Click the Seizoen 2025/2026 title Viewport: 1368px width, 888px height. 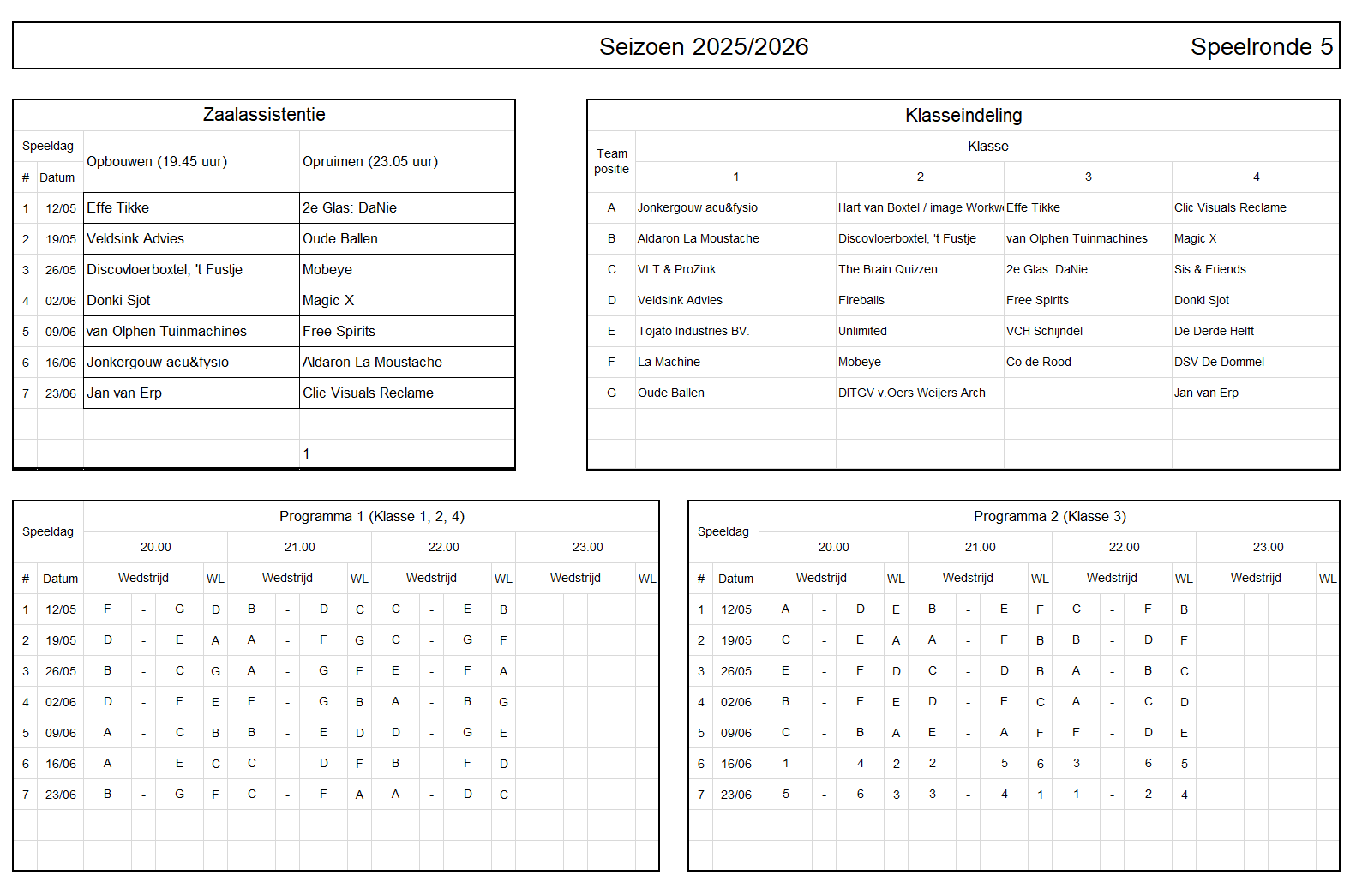703,46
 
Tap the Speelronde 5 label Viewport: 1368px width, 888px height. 1261,46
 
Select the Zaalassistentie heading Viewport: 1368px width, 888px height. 264,115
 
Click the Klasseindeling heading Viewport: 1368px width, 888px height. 963,116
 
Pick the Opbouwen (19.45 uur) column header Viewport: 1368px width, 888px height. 157,162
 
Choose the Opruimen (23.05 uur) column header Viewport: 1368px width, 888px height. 370,162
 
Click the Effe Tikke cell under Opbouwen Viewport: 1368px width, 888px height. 118,208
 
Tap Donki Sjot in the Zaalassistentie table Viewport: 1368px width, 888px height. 118,301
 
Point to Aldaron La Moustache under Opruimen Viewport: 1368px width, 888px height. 372,363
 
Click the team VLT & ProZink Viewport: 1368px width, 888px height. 676,269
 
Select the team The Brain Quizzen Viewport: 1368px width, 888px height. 888,269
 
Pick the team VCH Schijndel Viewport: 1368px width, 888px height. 1044,331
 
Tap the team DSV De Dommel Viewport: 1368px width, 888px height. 1219,362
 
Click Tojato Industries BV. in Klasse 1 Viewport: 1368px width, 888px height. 693,331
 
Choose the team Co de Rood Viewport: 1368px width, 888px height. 1039,362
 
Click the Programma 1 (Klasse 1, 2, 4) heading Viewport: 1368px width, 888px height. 372,516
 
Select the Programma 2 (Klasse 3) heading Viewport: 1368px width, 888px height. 1050,516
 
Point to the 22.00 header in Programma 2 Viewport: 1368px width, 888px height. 1124,547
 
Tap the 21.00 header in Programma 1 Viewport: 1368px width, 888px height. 300,547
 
